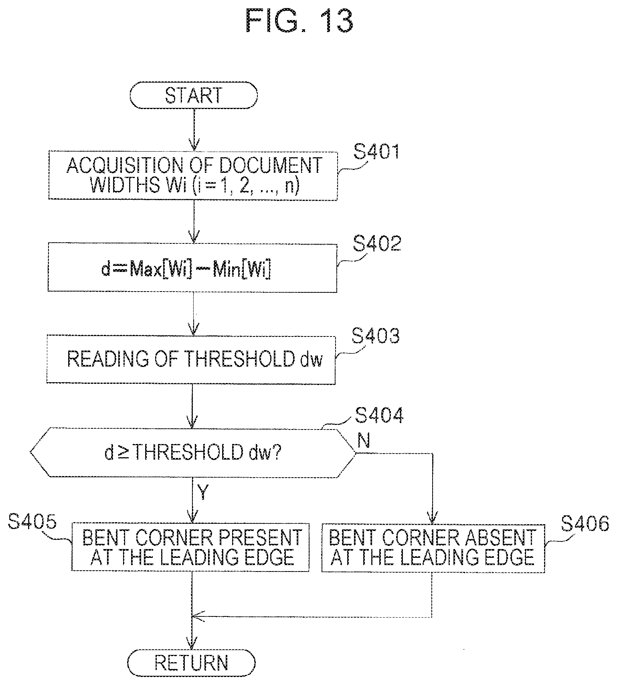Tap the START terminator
pos(194,96)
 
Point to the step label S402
pos(377,243)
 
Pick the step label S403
pos(376,336)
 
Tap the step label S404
pos(379,415)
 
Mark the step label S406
pos(585,523)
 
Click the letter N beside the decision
pos(363,441)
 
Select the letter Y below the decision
pos(203,492)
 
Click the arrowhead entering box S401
pos(194,145)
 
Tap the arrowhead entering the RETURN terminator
pos(192,644)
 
